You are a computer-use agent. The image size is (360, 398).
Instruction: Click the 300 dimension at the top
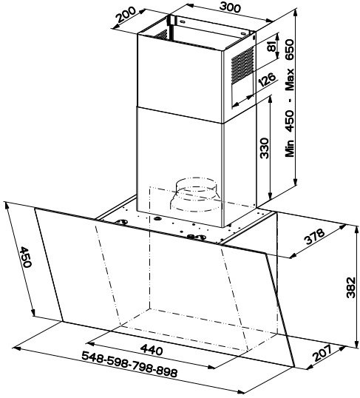[230, 7]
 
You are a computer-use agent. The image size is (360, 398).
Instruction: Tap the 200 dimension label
[126, 14]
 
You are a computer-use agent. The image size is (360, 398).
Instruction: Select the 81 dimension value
[271, 46]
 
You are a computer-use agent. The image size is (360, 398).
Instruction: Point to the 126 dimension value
[267, 80]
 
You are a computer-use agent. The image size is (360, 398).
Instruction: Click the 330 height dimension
[264, 148]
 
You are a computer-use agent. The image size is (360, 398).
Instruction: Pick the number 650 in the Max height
[290, 50]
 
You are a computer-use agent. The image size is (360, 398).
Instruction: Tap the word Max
[290, 79]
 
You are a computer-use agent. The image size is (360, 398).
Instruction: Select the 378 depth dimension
[314, 237]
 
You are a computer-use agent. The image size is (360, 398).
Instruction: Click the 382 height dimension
[351, 287]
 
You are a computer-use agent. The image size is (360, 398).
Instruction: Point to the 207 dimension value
[322, 354]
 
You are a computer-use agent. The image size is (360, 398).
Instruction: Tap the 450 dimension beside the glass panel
[25, 257]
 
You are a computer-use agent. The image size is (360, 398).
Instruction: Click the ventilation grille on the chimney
[242, 65]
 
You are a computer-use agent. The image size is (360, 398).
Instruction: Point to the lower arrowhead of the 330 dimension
[271, 195]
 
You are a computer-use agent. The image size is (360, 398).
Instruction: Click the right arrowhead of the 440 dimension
[213, 367]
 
